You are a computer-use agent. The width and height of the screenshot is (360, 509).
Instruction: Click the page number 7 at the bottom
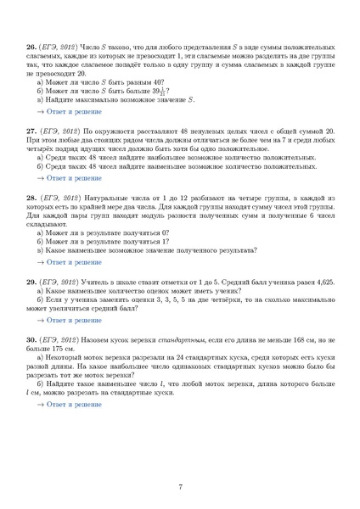pyautogui.click(x=180, y=485)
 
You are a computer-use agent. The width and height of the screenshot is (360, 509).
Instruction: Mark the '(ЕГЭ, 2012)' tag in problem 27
pyautogui.click(x=59, y=133)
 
